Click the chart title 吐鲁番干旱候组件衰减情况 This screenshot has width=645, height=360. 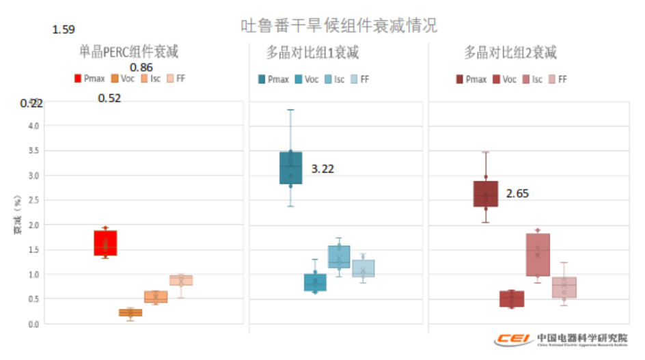(x=339, y=26)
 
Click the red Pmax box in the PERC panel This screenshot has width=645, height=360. (x=105, y=243)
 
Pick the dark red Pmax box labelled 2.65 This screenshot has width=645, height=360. (x=486, y=194)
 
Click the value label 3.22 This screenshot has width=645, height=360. (x=322, y=169)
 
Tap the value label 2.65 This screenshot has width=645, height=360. (x=517, y=194)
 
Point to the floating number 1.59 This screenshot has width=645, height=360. (x=64, y=30)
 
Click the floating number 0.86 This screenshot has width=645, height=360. (x=141, y=68)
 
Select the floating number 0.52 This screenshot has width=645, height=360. (x=109, y=98)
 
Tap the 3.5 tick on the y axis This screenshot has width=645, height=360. (x=33, y=151)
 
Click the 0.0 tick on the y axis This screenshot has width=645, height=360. (x=33, y=324)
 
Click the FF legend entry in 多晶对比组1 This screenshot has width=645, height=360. (x=359, y=79)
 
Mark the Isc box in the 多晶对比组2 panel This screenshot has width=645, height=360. (x=538, y=255)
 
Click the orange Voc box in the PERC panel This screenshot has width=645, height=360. (x=131, y=313)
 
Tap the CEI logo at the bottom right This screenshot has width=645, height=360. (x=514, y=339)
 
